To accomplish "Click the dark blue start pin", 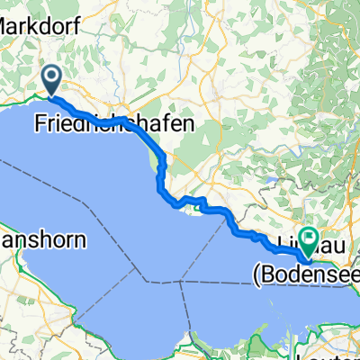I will click(53, 79).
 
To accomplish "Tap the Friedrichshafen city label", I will click(113, 126).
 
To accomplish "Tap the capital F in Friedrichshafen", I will click(41, 124).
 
